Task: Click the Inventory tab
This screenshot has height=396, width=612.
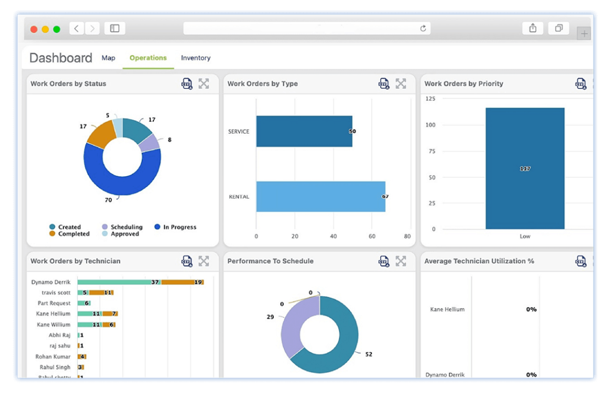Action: (x=195, y=58)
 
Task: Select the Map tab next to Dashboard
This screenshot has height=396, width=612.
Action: (x=108, y=58)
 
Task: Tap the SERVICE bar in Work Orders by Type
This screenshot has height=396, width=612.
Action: (x=304, y=131)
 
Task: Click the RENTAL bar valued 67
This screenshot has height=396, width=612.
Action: (x=320, y=197)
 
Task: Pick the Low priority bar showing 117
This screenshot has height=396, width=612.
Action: (x=525, y=168)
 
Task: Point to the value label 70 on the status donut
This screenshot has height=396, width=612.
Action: (x=108, y=200)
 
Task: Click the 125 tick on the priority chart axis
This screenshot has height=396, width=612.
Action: (x=430, y=99)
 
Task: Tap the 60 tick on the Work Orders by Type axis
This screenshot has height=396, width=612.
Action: (x=371, y=237)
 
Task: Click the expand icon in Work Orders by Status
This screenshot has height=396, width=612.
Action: (x=204, y=84)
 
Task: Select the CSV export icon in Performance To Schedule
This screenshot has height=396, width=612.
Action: (x=384, y=261)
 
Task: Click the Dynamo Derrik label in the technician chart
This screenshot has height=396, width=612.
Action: (x=51, y=282)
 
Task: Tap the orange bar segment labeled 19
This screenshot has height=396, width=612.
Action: (x=182, y=282)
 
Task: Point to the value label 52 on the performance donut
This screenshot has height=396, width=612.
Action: (x=369, y=354)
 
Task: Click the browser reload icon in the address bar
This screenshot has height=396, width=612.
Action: (x=423, y=28)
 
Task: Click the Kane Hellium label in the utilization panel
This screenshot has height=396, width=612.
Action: (x=447, y=309)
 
